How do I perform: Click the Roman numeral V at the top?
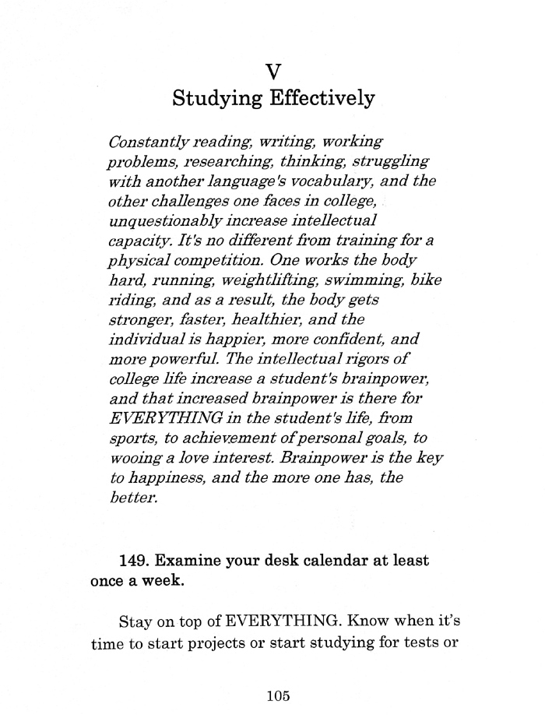pos(272,72)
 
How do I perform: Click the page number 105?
pos(277,696)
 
